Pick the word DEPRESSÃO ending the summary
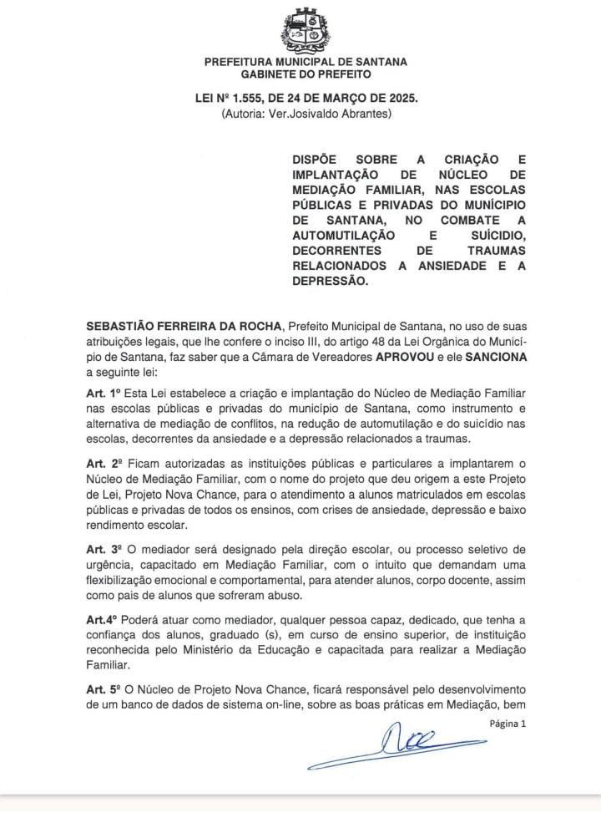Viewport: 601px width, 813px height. [329, 282]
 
